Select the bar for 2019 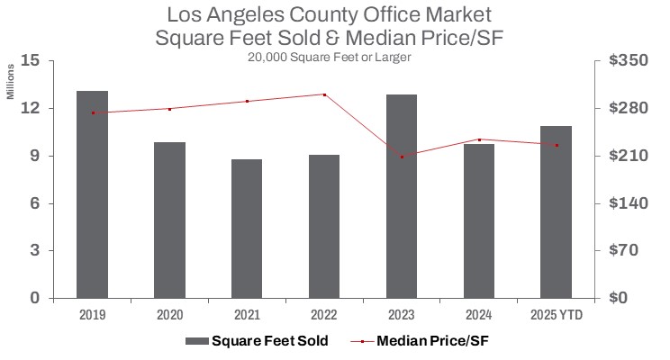click(92, 193)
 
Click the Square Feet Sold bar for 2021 click(247, 229)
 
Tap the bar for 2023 click(402, 195)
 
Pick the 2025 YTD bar click(556, 211)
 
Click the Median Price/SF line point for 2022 click(324, 94)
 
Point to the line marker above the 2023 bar click(402, 157)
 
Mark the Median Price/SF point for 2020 click(169, 109)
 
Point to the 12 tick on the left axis click(32, 109)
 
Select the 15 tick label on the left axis click(32, 61)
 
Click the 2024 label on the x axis click(478, 314)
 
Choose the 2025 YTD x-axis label click(556, 314)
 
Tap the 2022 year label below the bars click(324, 314)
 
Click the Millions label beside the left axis click(12, 82)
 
